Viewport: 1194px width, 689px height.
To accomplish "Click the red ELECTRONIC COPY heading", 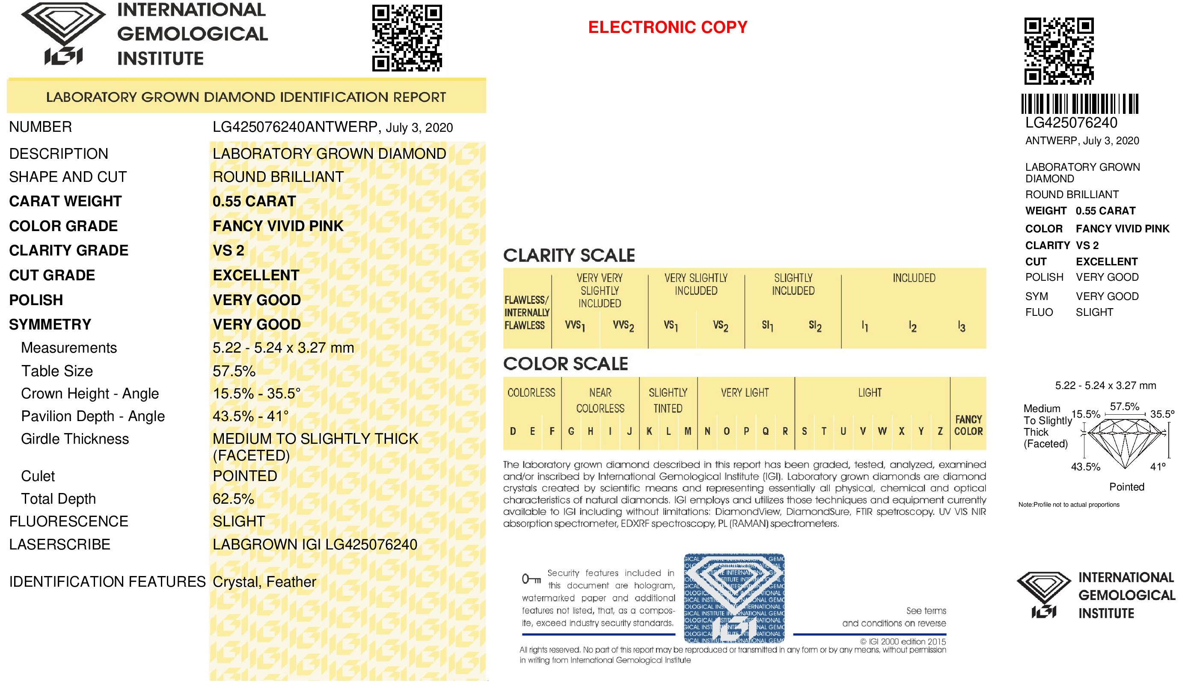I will [x=667, y=27].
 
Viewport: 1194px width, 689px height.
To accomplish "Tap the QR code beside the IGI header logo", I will [x=407, y=38].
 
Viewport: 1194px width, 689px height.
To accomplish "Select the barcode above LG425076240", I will [x=1079, y=104].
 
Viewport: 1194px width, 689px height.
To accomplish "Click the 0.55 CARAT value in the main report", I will [x=254, y=202].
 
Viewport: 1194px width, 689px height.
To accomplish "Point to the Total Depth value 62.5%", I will [x=233, y=499].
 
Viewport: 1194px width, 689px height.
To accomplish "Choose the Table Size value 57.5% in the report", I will [x=234, y=371].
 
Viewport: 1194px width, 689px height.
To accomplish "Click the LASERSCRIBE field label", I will [x=59, y=545].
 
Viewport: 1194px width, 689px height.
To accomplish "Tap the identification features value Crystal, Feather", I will [x=264, y=582].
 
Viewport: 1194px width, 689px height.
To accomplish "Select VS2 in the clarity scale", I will [x=720, y=326].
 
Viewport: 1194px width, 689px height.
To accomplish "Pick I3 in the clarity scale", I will [x=961, y=327].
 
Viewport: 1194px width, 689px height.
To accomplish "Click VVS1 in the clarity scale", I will [x=575, y=326].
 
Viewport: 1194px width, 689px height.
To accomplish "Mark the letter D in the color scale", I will [x=513, y=431].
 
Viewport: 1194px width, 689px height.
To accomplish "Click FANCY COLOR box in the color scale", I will [x=968, y=425].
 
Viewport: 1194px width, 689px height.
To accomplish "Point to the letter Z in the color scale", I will [x=940, y=431].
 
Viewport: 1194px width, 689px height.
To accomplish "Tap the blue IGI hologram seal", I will [x=734, y=598].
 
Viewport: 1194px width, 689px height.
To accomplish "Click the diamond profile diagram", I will [x=1126, y=443].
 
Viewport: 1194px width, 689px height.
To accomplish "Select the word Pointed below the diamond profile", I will [x=1126, y=487].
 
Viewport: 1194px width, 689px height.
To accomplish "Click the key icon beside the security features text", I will [x=531, y=579].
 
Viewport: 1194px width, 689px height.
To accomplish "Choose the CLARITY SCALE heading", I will [x=569, y=255].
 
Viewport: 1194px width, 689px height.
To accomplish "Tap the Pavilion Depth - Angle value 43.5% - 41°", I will [x=250, y=416].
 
